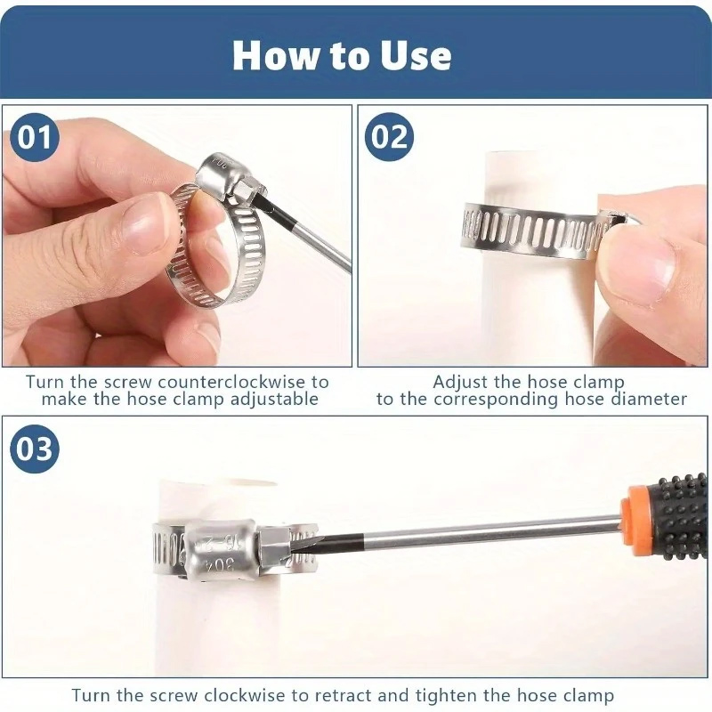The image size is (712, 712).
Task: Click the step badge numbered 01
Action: (35, 138)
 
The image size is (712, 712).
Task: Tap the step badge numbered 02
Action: (389, 137)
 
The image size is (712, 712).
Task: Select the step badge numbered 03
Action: (35, 449)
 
